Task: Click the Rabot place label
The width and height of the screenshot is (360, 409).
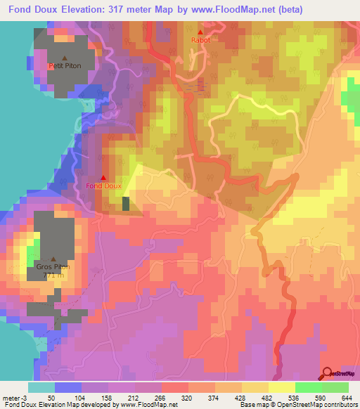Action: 200,41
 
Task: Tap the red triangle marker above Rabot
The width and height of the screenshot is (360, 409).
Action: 200,32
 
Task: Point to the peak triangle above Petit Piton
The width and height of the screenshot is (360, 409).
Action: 65,58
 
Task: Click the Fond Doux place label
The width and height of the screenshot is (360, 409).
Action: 103,186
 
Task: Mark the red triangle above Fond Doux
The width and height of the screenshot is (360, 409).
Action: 103,177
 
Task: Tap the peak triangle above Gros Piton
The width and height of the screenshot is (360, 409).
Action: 53,259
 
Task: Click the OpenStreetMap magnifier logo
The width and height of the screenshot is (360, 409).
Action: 327,374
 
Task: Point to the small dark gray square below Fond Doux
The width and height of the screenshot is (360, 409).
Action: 126,204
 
